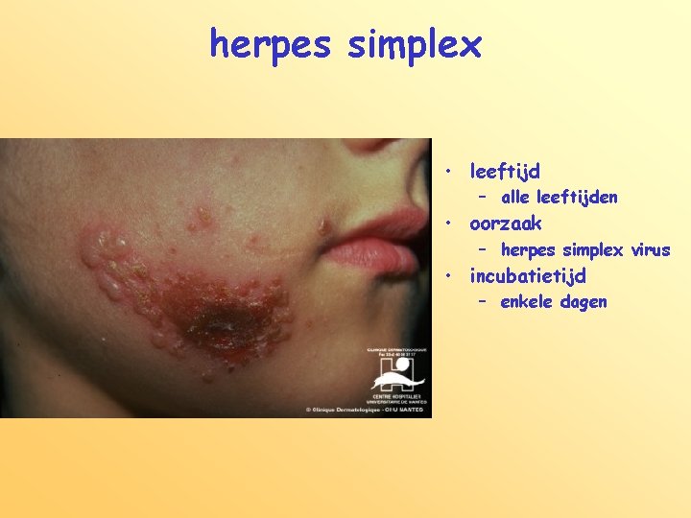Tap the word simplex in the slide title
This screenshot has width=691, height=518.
(415, 44)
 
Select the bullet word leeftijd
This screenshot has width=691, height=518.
(505, 172)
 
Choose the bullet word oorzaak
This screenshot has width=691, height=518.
(506, 224)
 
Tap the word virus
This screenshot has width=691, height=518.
(651, 250)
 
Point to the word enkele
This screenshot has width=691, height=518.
(527, 302)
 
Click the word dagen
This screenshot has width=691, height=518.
(584, 303)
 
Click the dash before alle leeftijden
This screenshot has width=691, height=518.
(484, 197)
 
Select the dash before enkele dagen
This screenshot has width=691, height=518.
(484, 301)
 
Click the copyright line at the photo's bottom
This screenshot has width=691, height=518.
(367, 410)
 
